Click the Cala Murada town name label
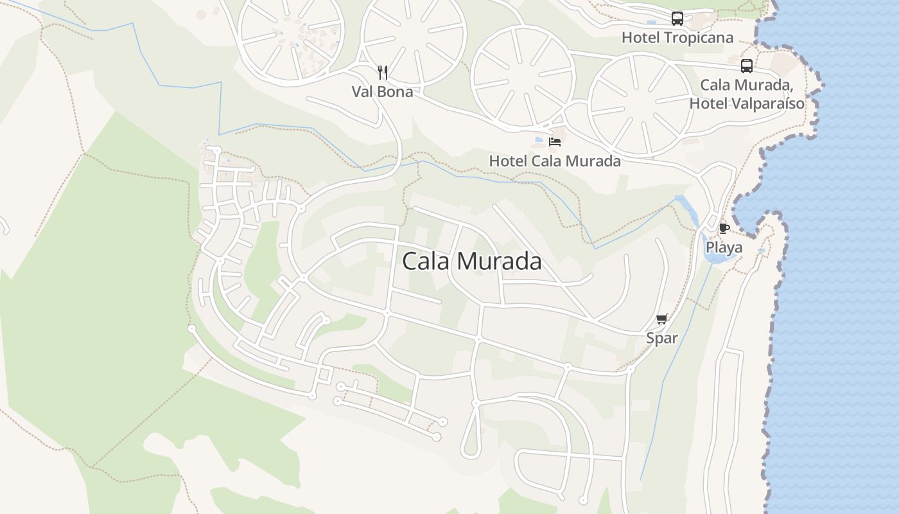tap(471, 261)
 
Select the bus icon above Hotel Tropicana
tap(677, 19)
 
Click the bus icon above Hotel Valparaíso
tap(746, 66)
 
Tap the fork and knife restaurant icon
tap(383, 72)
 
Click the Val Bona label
tap(382, 92)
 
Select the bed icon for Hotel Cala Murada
tap(555, 141)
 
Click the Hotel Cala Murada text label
tap(555, 161)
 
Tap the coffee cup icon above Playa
tap(724, 228)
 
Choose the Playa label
tap(724, 247)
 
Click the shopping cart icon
tap(662, 319)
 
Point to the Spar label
tap(661, 338)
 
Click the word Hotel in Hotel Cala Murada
tap(509, 161)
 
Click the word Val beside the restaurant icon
tap(363, 92)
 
